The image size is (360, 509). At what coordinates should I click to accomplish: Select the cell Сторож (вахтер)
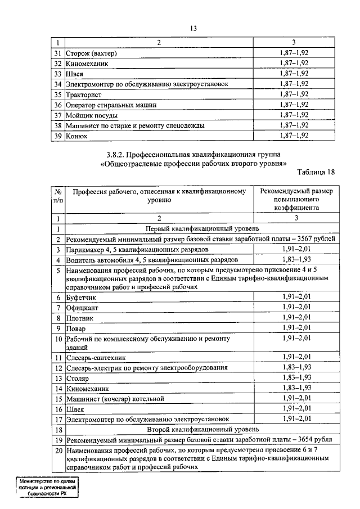91,53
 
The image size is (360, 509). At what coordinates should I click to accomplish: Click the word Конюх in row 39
78,136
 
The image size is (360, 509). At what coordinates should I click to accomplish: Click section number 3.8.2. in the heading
119,153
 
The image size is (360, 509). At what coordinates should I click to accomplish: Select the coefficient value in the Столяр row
296,377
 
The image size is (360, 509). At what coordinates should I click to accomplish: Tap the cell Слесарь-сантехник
96,357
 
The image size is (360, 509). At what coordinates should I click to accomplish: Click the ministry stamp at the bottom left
46,487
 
